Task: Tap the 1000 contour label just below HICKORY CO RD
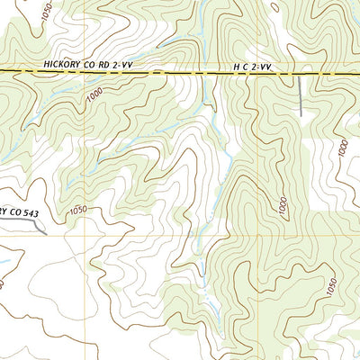coord(94,101)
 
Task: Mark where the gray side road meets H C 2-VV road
coord(299,73)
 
